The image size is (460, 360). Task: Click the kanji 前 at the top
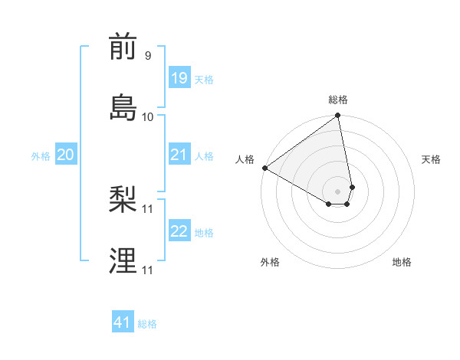(x=123, y=47)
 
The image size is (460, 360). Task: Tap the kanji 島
(x=123, y=106)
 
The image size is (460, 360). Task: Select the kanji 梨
(x=123, y=201)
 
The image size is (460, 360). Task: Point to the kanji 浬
(x=123, y=260)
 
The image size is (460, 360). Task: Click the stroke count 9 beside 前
(x=147, y=56)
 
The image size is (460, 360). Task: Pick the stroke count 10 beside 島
(x=147, y=116)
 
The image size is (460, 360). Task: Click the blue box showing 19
(x=179, y=77)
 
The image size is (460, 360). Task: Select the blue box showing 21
(x=179, y=155)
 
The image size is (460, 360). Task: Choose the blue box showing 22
(x=179, y=231)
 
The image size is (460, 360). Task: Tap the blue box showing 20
(x=65, y=155)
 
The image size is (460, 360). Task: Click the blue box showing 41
(x=123, y=322)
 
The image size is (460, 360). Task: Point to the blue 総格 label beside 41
(x=147, y=324)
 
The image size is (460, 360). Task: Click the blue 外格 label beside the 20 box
(x=41, y=156)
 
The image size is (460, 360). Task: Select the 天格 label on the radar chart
(x=432, y=159)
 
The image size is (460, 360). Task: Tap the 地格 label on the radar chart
(x=402, y=262)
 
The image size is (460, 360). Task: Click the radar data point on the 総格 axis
(x=338, y=116)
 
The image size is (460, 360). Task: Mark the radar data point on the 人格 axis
(x=265, y=168)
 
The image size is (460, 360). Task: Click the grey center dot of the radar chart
(x=338, y=191)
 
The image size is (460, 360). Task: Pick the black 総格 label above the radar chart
(x=338, y=100)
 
